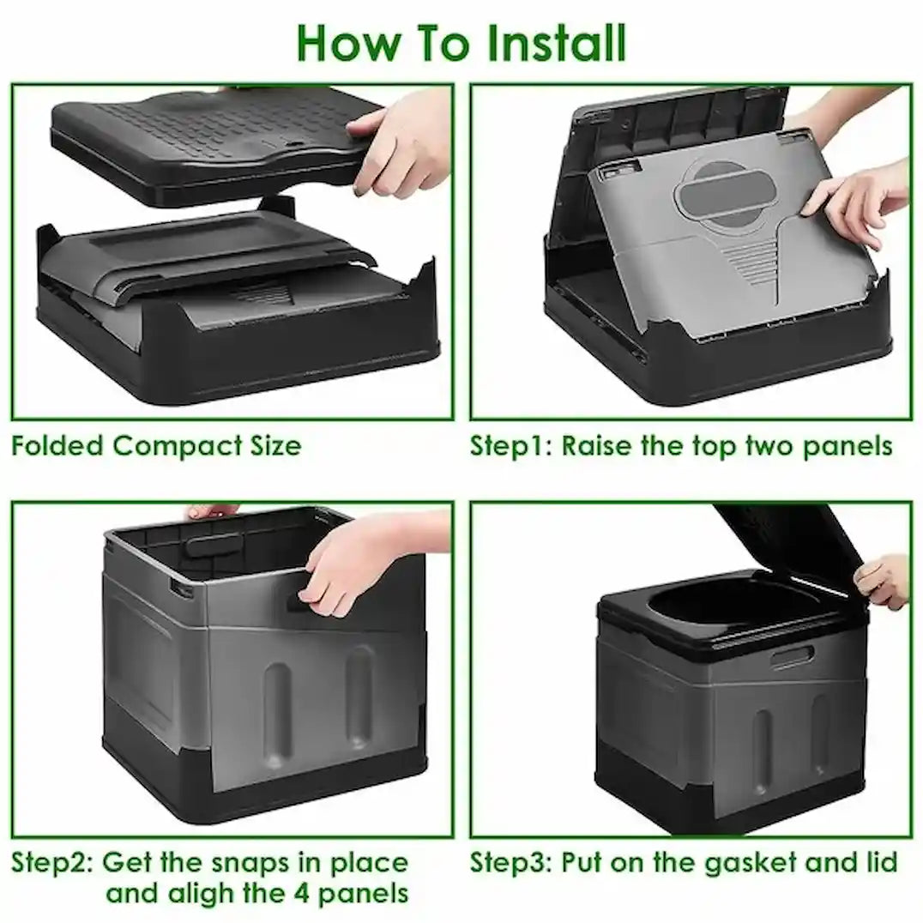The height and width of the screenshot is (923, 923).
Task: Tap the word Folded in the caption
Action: coord(57,446)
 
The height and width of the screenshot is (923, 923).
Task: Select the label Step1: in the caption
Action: coord(511,446)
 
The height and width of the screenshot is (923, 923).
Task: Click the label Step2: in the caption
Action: coord(53,861)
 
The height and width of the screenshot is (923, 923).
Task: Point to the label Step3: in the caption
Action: coord(513,861)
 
